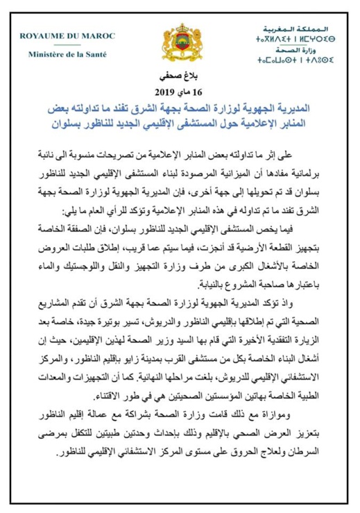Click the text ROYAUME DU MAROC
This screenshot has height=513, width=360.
point(67,36)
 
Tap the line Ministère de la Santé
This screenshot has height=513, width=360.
point(67,53)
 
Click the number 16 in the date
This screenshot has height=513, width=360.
point(202,92)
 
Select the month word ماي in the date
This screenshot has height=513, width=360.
point(186,92)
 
